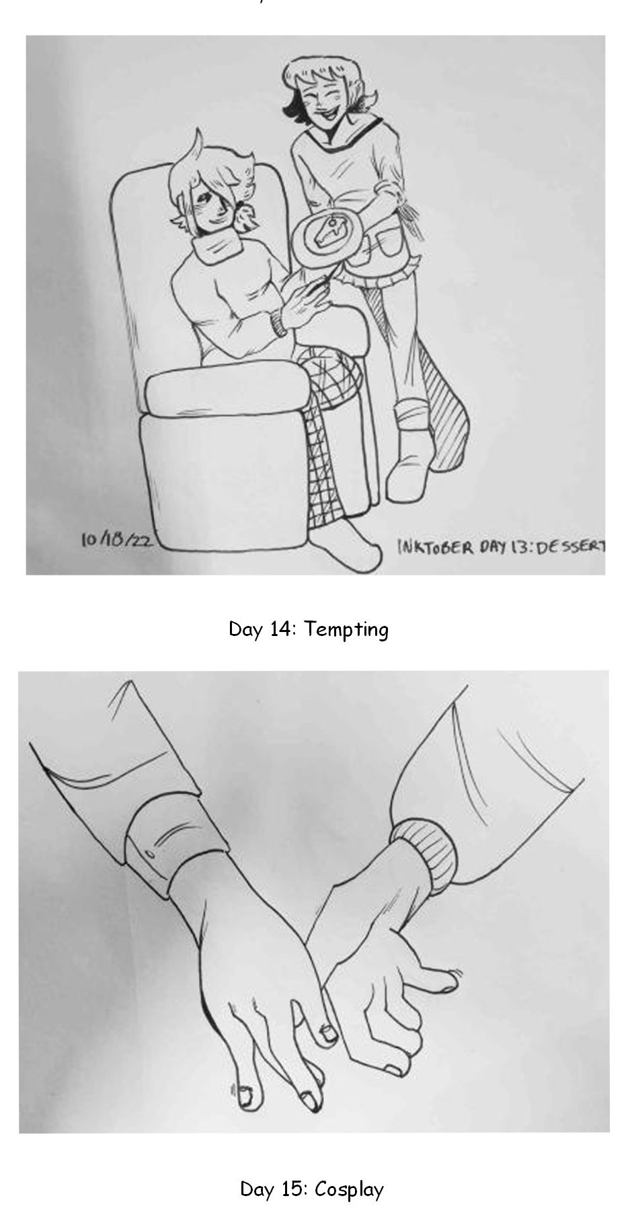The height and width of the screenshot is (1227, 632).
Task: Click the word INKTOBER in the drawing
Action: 436,546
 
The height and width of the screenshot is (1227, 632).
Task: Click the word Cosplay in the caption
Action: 349,1189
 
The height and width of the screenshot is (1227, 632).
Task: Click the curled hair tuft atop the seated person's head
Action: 196,144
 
